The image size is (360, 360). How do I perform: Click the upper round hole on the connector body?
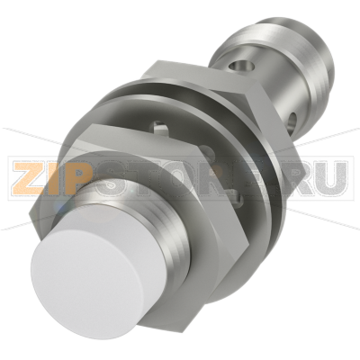coord(240,66)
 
